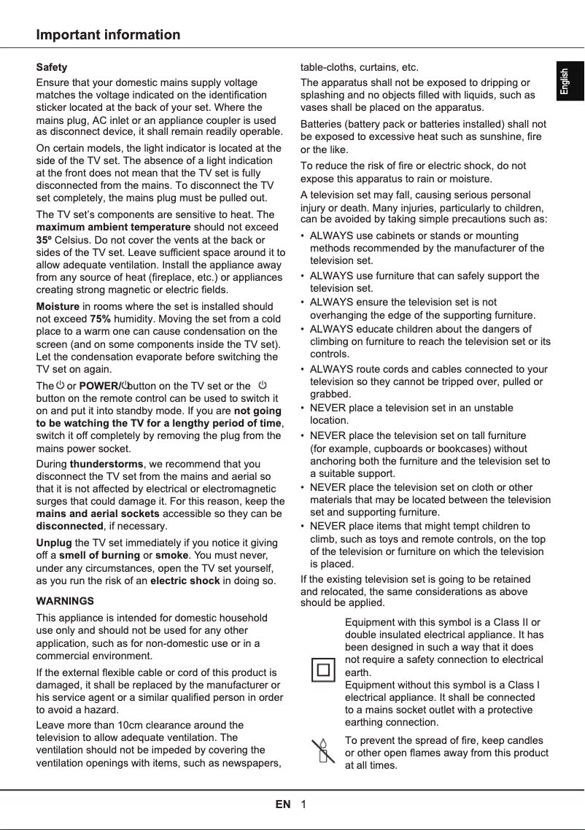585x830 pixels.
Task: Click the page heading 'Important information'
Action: (x=108, y=35)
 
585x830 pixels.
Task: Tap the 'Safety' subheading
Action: (x=52, y=67)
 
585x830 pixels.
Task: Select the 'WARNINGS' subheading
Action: (x=65, y=601)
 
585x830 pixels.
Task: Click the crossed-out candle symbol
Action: (x=322, y=751)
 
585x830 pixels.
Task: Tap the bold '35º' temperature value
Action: (x=44, y=239)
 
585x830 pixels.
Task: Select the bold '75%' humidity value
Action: (x=100, y=319)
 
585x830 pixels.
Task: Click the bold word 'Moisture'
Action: (x=57, y=306)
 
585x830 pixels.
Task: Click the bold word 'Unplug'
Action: (x=54, y=543)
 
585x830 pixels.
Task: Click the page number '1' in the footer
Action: (x=303, y=804)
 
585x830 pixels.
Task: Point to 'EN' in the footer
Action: (x=283, y=804)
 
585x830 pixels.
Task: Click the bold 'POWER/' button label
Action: (x=99, y=385)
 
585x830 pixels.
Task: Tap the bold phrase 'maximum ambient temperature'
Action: (x=113, y=227)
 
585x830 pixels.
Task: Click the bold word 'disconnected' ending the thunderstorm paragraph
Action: (x=69, y=526)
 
